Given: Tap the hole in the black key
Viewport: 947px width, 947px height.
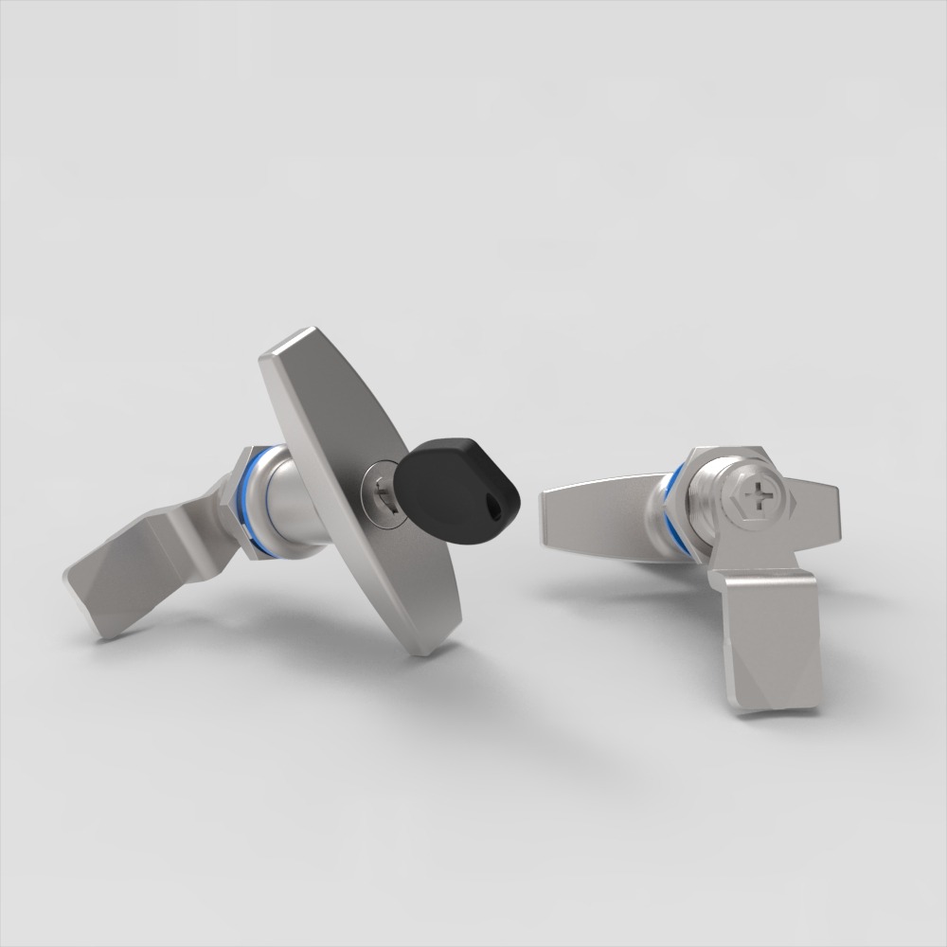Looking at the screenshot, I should (x=493, y=509).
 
